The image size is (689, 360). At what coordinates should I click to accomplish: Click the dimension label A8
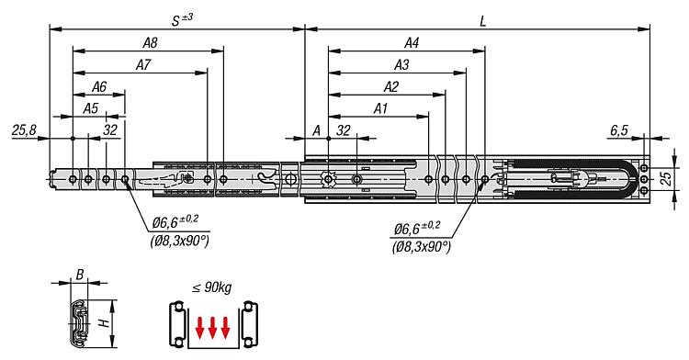[x=150, y=42]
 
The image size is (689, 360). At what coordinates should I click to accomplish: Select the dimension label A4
[x=412, y=42]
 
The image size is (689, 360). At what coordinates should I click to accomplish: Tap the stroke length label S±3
[x=182, y=20]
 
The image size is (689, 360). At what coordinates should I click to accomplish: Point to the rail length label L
[x=483, y=21]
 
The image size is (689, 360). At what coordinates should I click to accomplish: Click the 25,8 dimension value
[x=24, y=130]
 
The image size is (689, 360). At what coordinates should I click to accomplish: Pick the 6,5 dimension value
[x=619, y=130]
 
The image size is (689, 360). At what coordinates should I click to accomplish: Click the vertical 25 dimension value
[x=667, y=178]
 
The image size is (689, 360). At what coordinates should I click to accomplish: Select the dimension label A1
[x=380, y=108]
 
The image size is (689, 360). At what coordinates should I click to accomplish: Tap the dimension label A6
[x=99, y=86]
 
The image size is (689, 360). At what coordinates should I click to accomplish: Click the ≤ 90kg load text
[x=212, y=288]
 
